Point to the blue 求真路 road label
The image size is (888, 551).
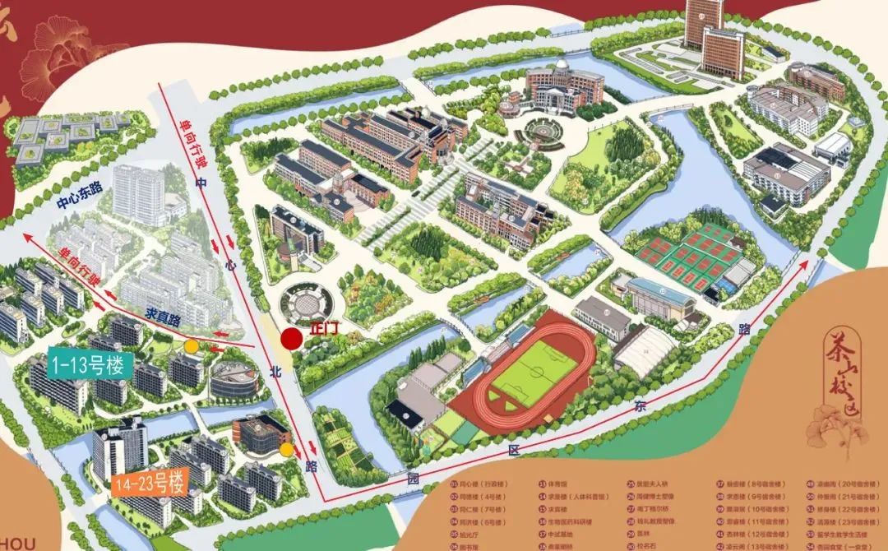163,314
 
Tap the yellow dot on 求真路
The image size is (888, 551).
191,346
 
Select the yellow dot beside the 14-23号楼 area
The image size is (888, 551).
286,450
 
